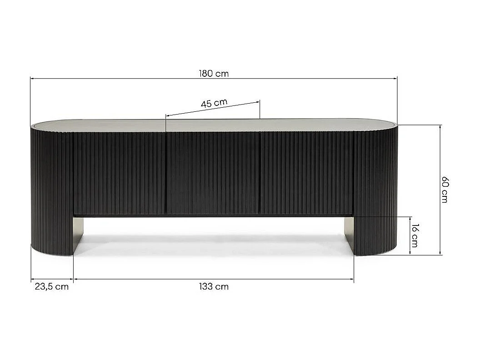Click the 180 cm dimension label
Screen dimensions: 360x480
[214, 74]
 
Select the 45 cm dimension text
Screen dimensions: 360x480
[214, 103]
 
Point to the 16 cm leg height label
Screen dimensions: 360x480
[415, 235]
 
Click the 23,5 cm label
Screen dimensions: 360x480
[51, 287]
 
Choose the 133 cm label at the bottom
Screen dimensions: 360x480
[214, 287]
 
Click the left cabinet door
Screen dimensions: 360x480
[119, 173]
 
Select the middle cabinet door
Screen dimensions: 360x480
[213, 173]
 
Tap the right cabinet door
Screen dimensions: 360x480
[306, 173]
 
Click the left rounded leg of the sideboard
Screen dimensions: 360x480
[51, 191]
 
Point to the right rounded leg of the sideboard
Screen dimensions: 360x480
[375, 191]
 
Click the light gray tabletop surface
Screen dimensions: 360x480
[214, 125]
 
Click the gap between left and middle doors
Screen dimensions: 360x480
[166, 173]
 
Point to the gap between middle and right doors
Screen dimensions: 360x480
[260, 173]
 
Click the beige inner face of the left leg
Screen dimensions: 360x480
[78, 234]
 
